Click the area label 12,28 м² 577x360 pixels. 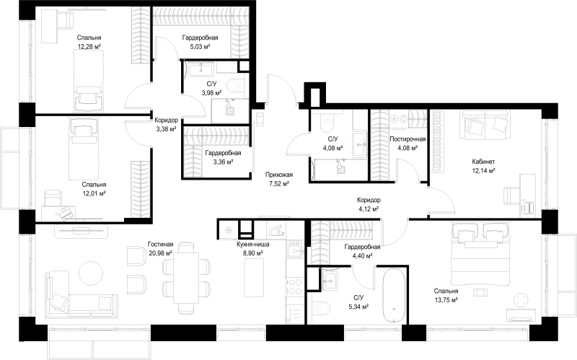point(89,47)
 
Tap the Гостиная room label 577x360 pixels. point(160,244)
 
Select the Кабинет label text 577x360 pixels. point(483,162)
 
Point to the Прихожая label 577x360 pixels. point(278,175)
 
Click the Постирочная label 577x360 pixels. point(408,139)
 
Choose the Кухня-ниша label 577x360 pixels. point(253,244)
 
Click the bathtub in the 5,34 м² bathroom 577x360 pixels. point(393,297)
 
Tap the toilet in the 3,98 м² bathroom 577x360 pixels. point(235,86)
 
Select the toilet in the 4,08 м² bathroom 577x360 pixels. point(327,122)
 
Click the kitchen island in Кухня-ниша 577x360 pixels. point(255,277)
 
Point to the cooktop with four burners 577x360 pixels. point(295,286)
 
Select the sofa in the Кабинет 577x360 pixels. point(485,125)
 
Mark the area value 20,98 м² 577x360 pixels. point(160,253)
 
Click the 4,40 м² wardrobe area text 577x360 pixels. point(362,256)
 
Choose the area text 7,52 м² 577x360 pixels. point(278,184)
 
